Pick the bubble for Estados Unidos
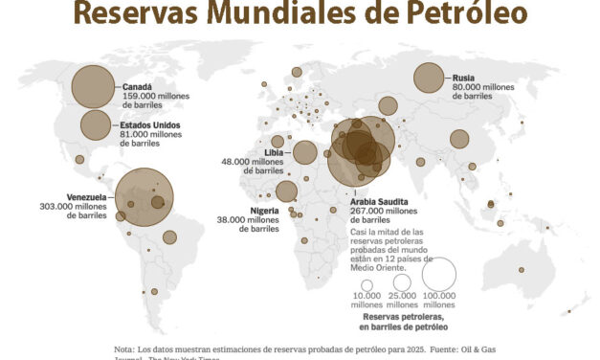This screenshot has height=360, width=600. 96,124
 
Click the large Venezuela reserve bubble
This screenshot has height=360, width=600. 144,197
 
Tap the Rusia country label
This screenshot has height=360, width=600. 462,79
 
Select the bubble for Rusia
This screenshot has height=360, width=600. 427,79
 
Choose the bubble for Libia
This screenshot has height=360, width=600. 305,152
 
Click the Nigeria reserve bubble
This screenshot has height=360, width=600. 286,191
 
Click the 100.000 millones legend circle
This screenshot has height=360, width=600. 438,274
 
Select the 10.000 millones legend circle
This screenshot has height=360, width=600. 366,285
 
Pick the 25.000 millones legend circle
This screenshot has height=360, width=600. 401,282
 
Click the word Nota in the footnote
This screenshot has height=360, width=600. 124,349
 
